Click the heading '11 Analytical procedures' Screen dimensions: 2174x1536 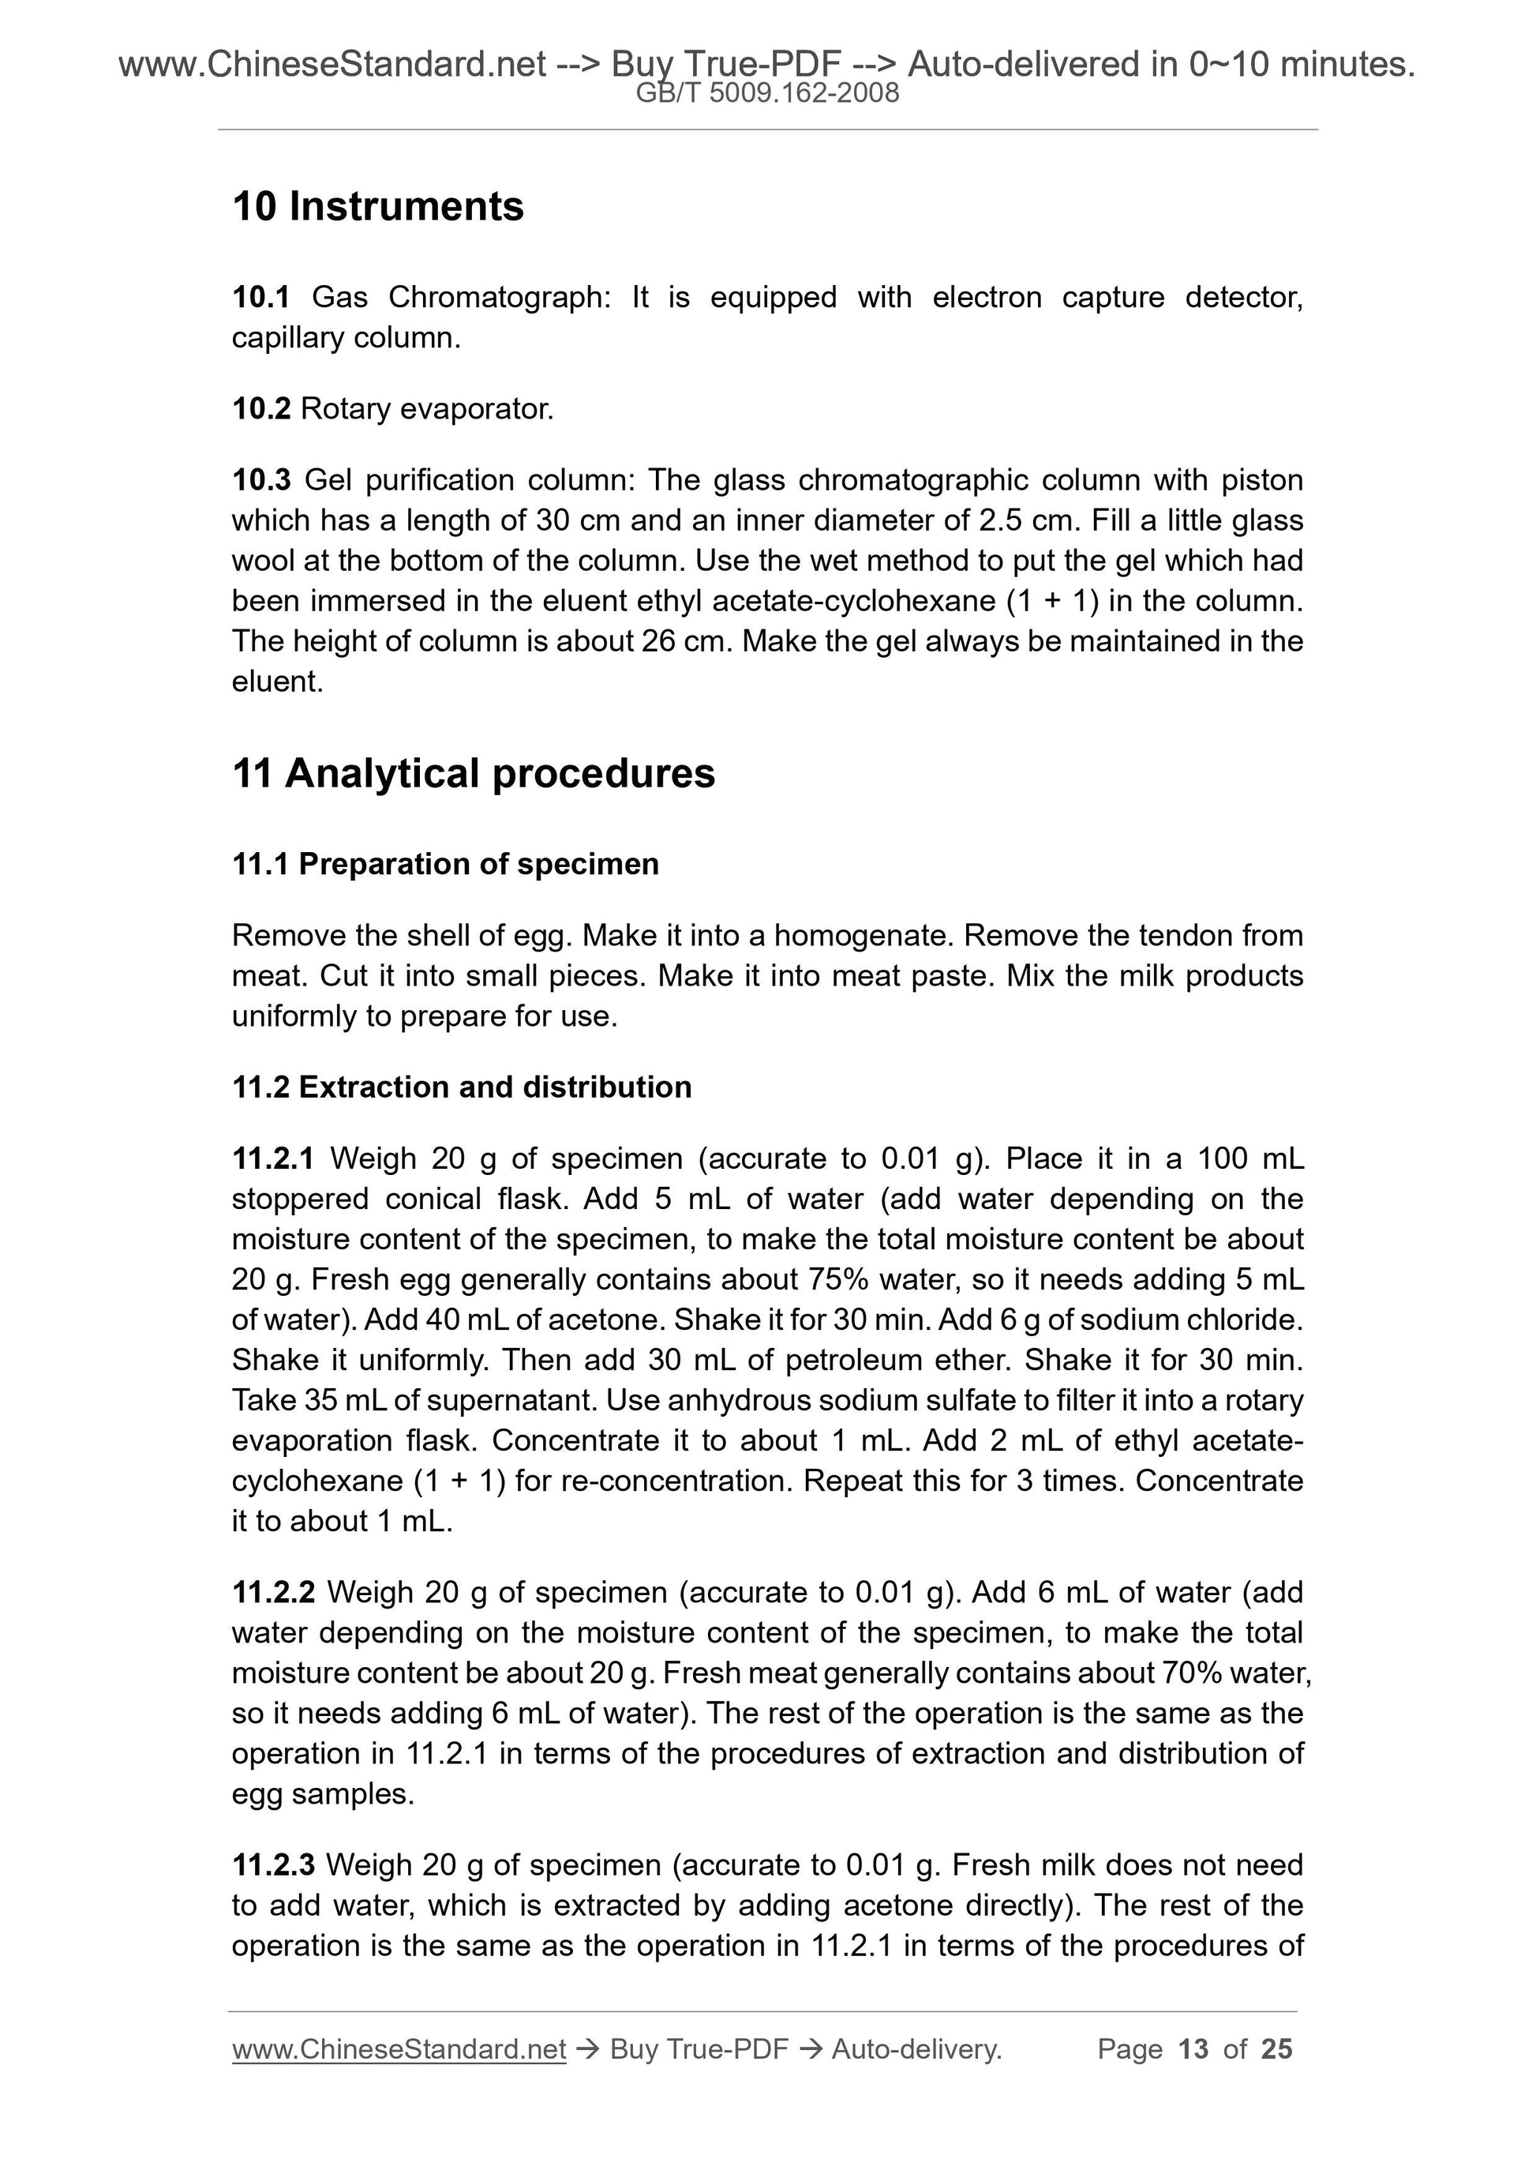tap(474, 774)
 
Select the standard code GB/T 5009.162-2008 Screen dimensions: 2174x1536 tap(767, 93)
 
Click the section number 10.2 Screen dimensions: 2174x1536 tap(260, 409)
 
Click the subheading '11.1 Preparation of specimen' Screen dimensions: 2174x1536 tap(445, 864)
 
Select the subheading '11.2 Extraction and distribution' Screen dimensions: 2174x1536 tap(462, 1086)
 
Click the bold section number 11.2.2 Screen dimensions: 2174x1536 tap(274, 1592)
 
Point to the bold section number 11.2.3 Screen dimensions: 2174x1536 tap(274, 1864)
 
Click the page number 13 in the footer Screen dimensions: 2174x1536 tap(1193, 2049)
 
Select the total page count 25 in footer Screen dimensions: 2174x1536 tap(1276, 2049)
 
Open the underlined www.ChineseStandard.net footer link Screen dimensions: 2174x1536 tap(399, 2049)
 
